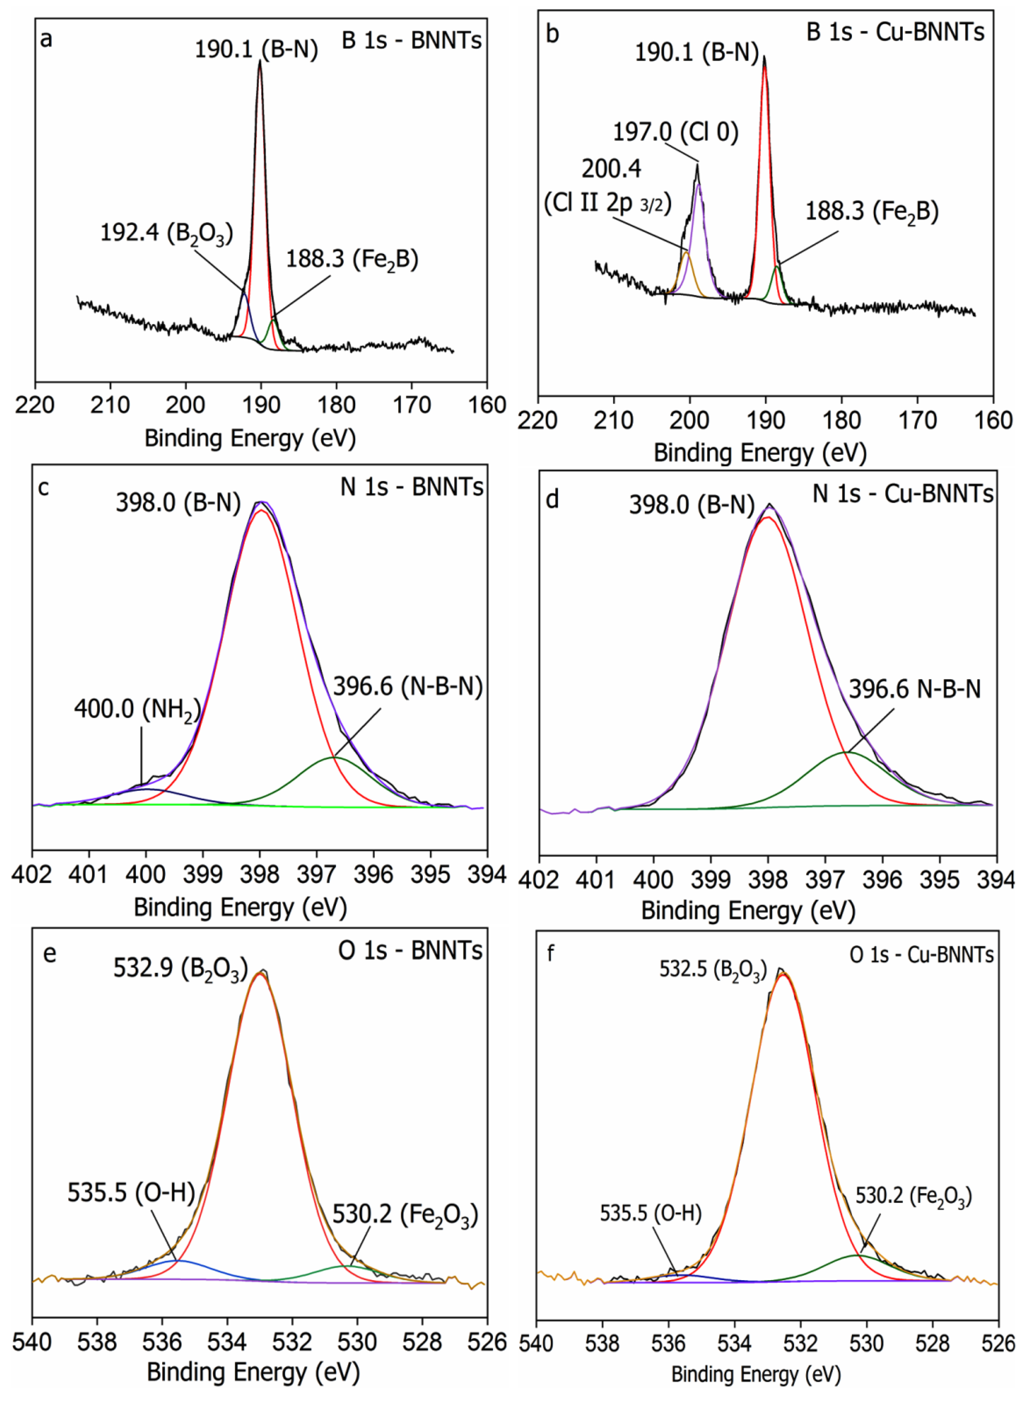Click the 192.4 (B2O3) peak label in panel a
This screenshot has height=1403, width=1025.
pyautogui.click(x=166, y=233)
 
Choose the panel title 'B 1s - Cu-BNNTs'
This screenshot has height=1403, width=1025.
pyautogui.click(x=895, y=31)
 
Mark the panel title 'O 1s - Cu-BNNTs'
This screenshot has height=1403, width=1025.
pyautogui.click(x=921, y=954)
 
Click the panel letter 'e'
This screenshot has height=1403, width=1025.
pyautogui.click(x=50, y=953)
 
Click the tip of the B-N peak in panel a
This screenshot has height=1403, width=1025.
pyautogui.click(x=260, y=60)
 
